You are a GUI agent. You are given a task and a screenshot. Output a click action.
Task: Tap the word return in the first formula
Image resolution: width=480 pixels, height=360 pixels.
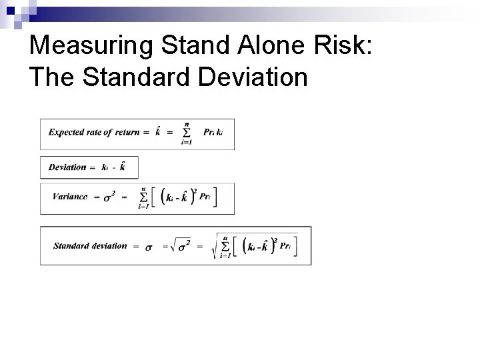pyautogui.click(x=127, y=131)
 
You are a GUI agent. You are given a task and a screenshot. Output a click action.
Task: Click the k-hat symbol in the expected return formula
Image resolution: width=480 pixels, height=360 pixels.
pyautogui.click(x=157, y=131)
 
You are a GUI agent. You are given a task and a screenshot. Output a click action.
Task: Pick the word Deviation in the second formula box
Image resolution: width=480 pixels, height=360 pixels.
pyautogui.click(x=67, y=167)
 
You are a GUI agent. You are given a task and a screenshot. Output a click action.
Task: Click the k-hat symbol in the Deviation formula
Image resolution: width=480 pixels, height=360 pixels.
pyautogui.click(x=121, y=167)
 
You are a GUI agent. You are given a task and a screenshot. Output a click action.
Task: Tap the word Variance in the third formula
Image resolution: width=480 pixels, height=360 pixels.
pyautogui.click(x=67, y=197)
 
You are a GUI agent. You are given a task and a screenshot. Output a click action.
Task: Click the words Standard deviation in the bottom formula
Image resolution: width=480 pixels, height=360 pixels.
pyautogui.click(x=89, y=245)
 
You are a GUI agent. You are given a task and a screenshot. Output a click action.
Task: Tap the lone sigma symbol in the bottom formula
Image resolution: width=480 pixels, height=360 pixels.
pyautogui.click(x=149, y=247)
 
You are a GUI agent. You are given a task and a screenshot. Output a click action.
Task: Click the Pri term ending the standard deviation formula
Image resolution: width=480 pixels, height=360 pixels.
pyautogui.click(x=285, y=246)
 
